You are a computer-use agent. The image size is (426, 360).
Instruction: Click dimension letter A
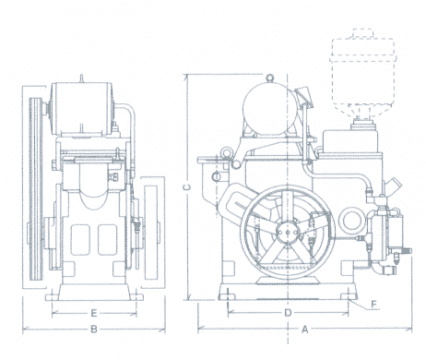(x=305, y=329)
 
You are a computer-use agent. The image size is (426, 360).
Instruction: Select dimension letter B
(x=94, y=329)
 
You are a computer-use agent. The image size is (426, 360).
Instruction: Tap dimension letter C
(x=188, y=187)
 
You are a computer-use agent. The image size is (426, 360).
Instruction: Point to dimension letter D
(x=288, y=313)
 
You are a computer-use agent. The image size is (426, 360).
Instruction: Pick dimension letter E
(x=94, y=313)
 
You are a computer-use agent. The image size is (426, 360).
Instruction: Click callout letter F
(x=374, y=304)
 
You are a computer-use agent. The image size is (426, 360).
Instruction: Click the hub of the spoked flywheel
(x=287, y=232)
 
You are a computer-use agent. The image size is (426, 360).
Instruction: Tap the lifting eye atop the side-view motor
(x=270, y=78)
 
